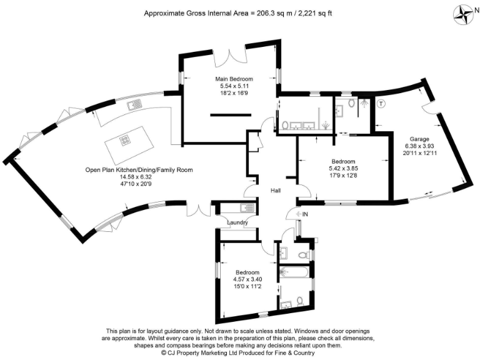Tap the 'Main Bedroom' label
[x=230, y=79]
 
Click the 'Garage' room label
[x=419, y=139]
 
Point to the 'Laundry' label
[x=237, y=222]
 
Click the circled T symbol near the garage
[x=381, y=102]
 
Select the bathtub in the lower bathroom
[x=293, y=272]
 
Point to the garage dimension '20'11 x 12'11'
[x=419, y=154]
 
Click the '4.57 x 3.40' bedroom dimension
[x=247, y=279]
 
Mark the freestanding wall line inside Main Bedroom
[x=231, y=115]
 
